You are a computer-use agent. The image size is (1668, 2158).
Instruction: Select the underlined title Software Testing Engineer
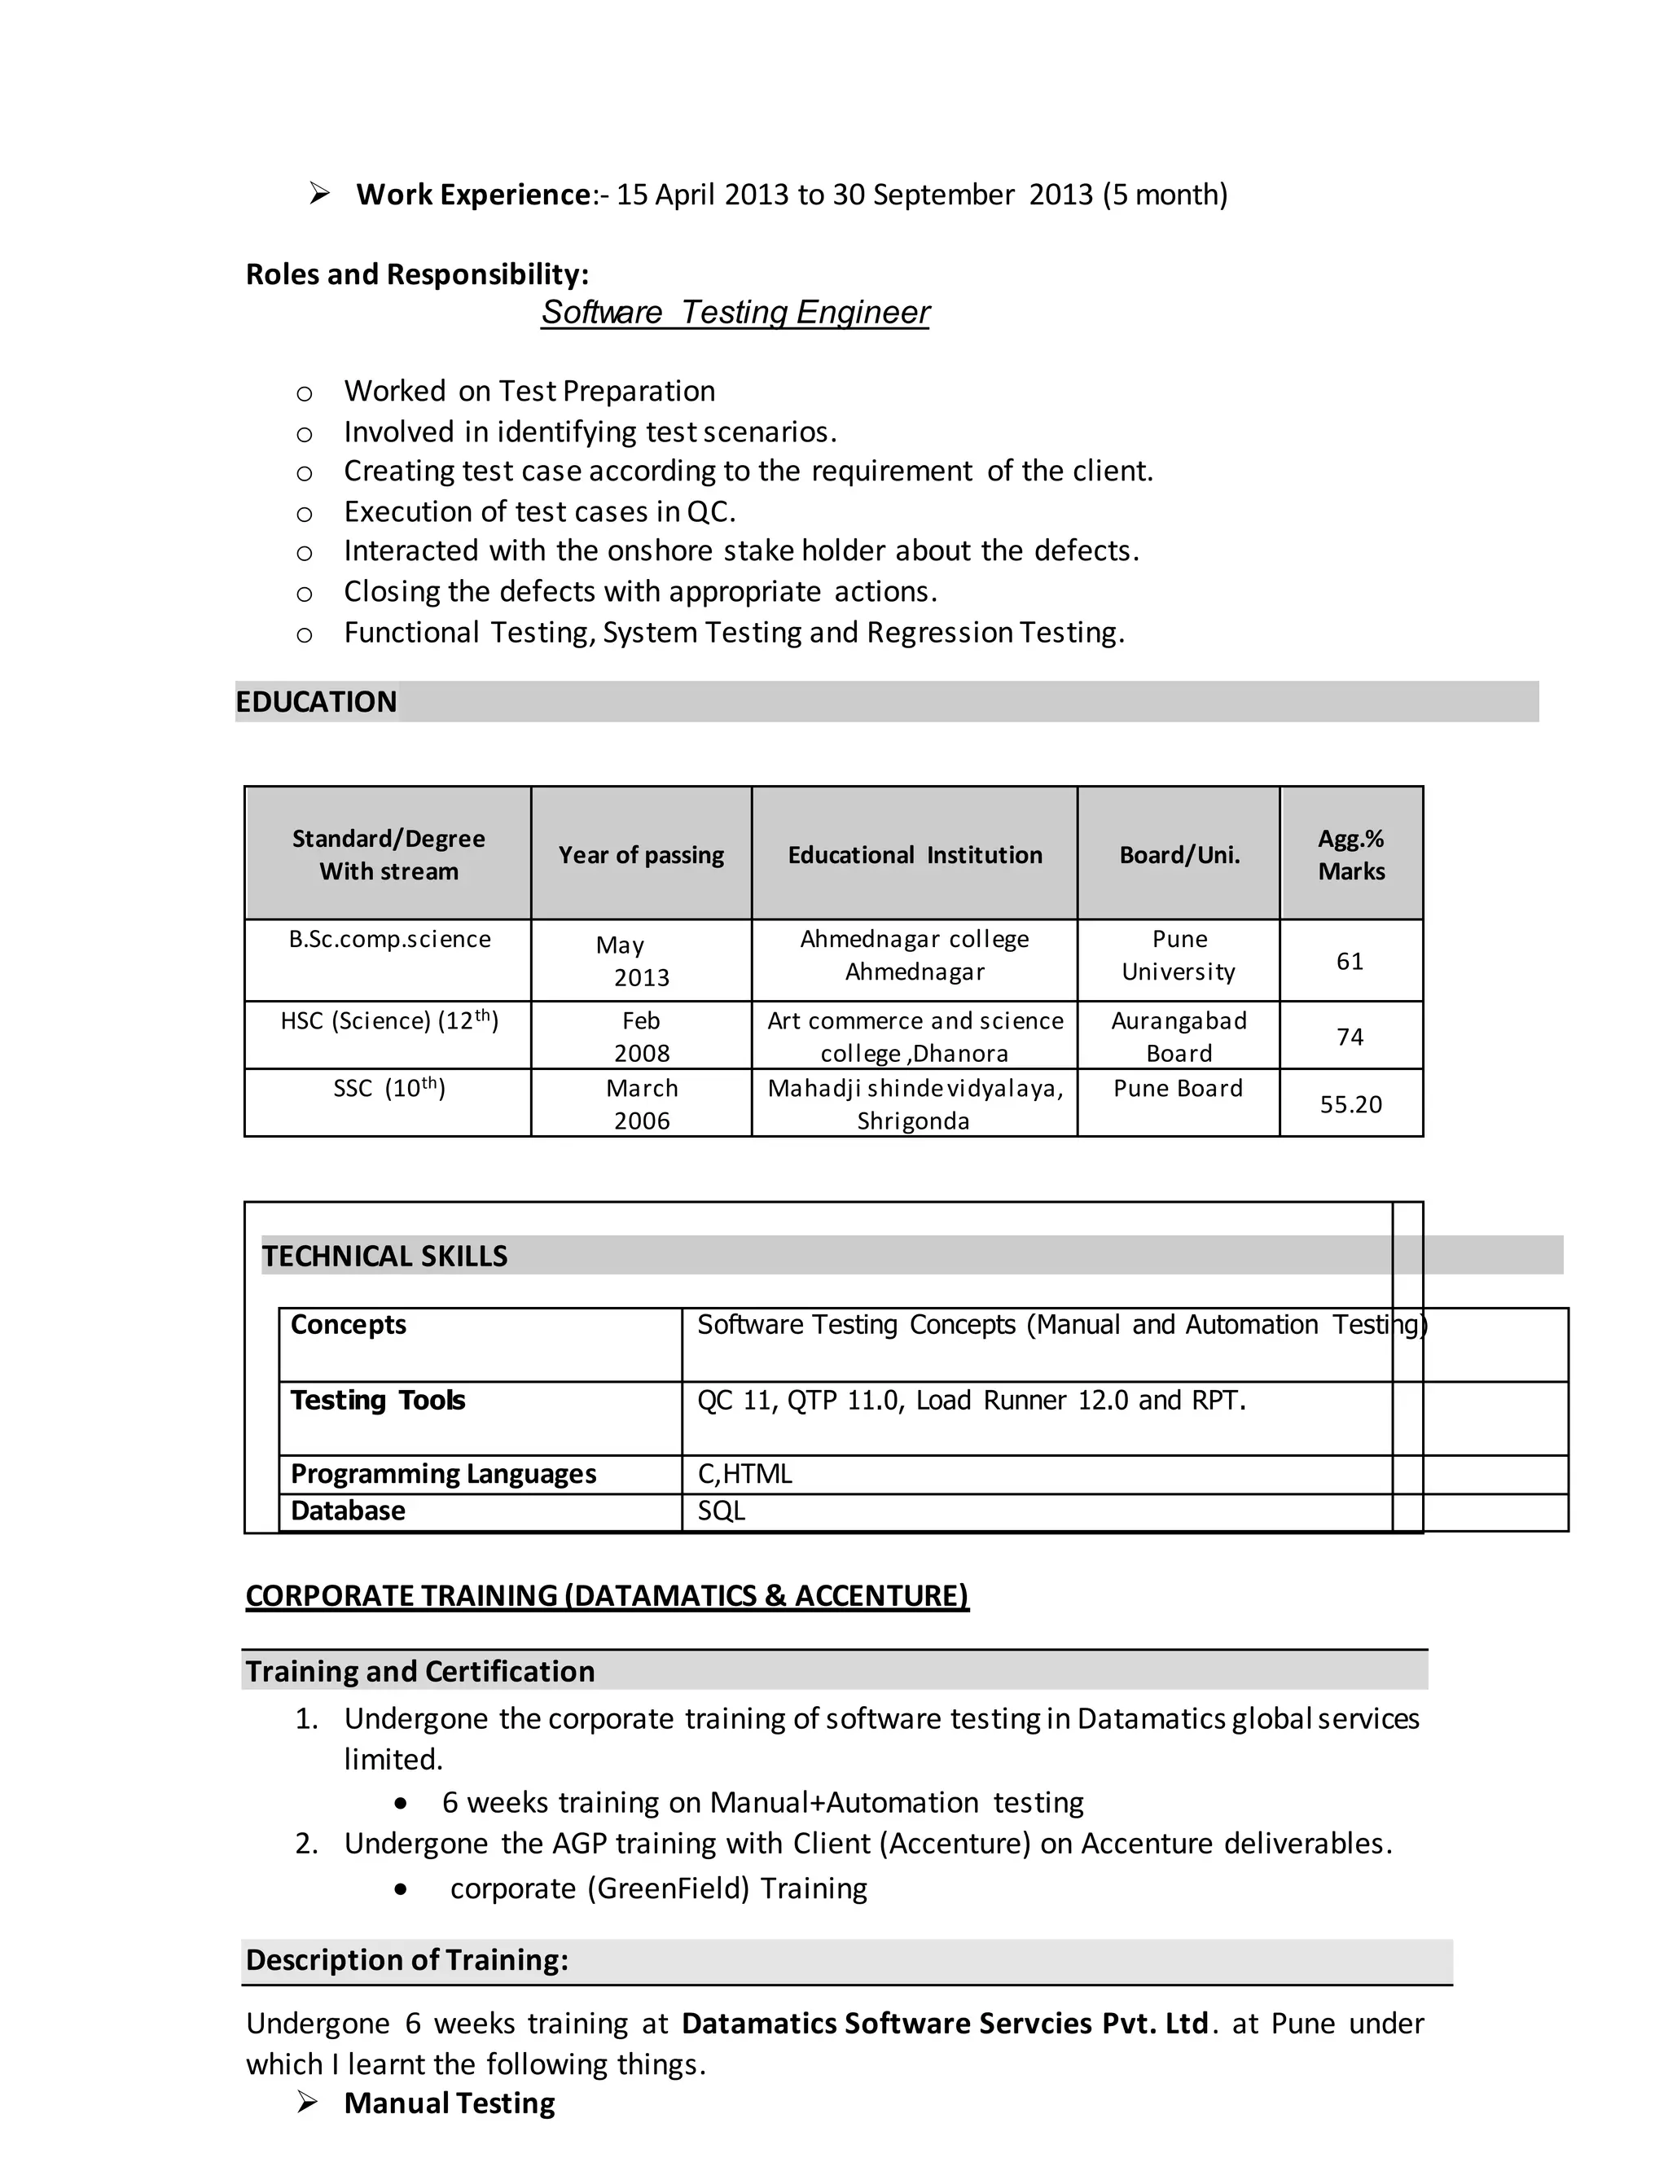pyautogui.click(x=735, y=312)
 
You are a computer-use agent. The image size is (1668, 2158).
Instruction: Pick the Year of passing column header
pyautogui.click(x=640, y=855)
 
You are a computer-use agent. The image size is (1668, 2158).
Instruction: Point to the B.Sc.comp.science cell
pyautogui.click(x=389, y=939)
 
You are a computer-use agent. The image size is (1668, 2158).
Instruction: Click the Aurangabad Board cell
pyautogui.click(x=1178, y=1037)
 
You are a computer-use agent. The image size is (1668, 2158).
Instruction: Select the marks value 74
pyautogui.click(x=1350, y=1037)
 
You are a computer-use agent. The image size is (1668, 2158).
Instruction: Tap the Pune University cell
pyautogui.click(x=1178, y=955)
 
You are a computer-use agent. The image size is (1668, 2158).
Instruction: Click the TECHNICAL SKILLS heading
pyautogui.click(x=384, y=1256)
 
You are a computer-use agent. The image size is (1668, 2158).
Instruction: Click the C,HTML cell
pyautogui.click(x=745, y=1473)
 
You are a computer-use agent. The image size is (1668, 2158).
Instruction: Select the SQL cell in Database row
pyautogui.click(x=722, y=1511)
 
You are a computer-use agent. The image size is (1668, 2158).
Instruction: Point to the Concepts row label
pyautogui.click(x=348, y=1324)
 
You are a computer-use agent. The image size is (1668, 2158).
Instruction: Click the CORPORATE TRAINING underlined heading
pyautogui.click(x=607, y=1596)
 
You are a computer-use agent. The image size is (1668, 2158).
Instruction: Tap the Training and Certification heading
pyautogui.click(x=420, y=1671)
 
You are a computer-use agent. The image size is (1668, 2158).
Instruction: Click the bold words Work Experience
pyautogui.click(x=473, y=195)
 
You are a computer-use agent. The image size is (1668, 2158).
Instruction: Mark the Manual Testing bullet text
pyautogui.click(x=449, y=2103)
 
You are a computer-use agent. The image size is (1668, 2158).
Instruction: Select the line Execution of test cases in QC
pyautogui.click(x=539, y=512)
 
